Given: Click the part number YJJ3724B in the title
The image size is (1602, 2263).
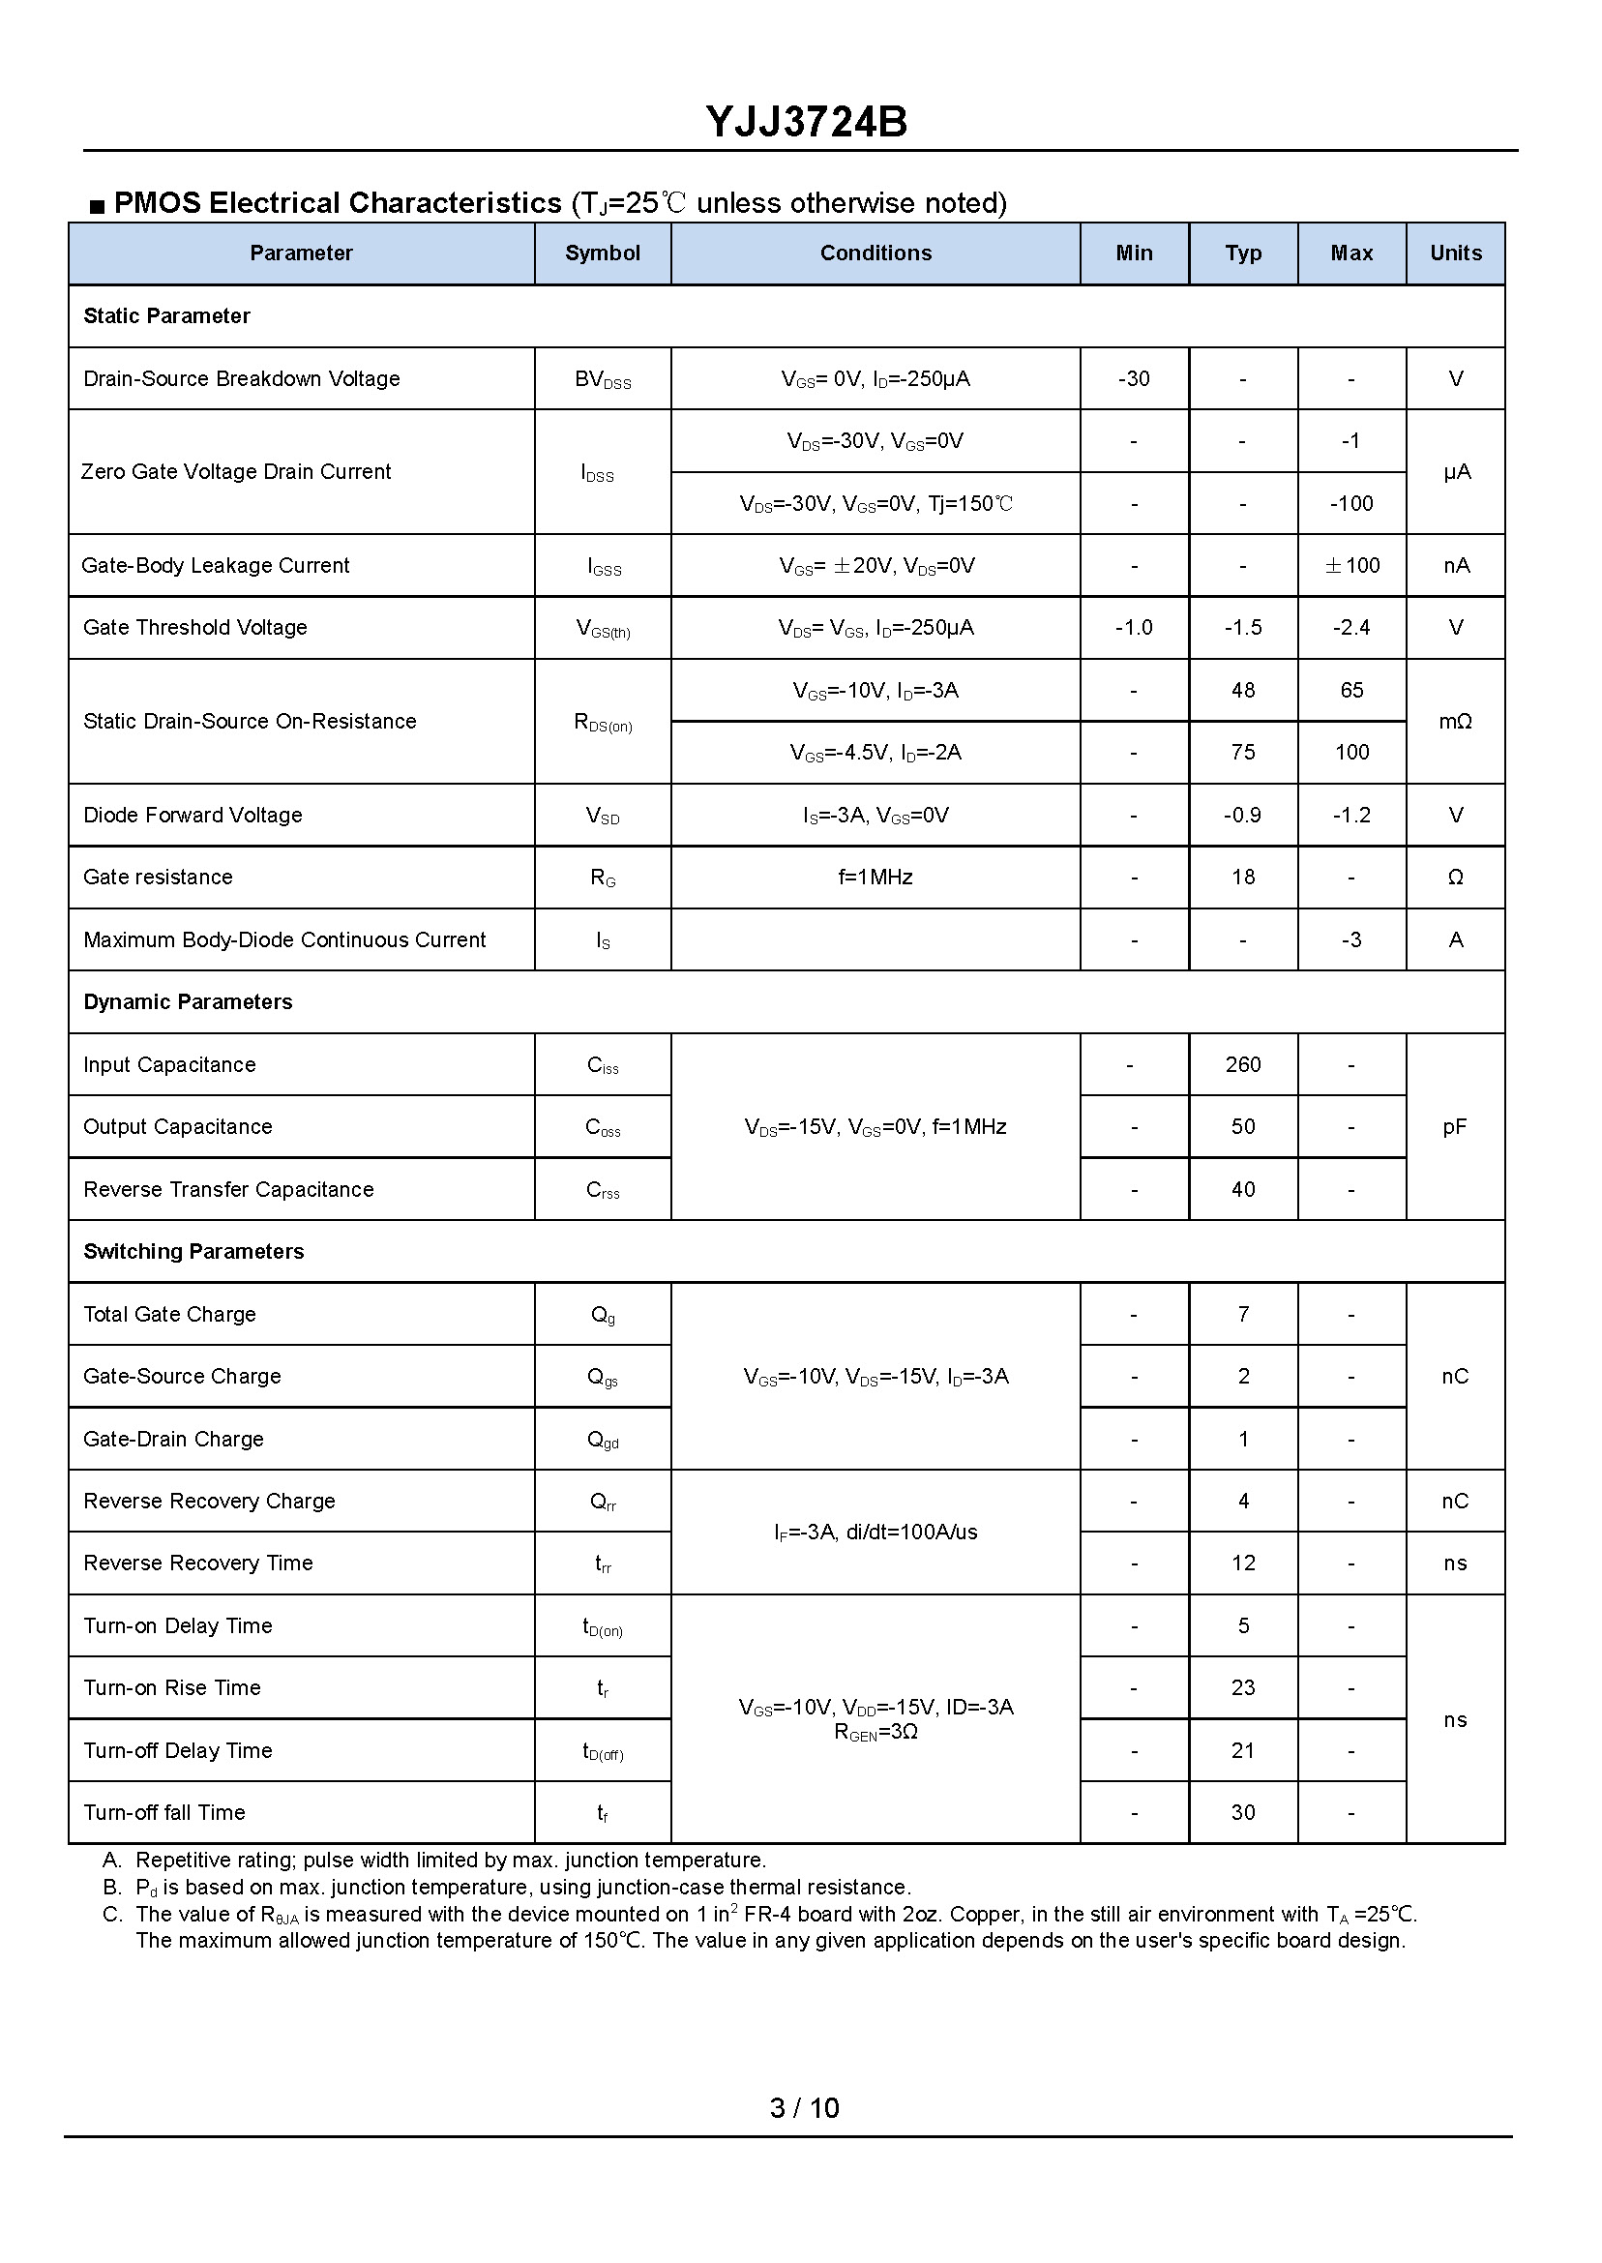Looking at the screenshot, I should pos(806,122).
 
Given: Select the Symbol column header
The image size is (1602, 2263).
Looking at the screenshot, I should pos(602,253).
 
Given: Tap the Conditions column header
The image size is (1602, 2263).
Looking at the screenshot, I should pos(875,253).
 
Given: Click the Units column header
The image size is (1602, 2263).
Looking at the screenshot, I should pos(1455,253).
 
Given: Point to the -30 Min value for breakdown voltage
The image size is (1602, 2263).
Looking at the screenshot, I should pos(1134,379).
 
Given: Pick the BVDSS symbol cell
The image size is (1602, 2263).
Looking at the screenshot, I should pos(602,380).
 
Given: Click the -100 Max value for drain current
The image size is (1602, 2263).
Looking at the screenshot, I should pos(1350,504).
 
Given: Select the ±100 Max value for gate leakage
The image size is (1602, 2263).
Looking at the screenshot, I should pos(1350,566).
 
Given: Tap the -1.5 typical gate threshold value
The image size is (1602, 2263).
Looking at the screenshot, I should pos(1242,628).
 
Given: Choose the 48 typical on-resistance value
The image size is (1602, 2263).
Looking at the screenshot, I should pos(1242,691).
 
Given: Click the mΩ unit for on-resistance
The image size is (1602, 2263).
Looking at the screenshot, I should pos(1455,722).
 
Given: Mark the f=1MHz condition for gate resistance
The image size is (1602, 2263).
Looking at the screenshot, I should pos(875,878).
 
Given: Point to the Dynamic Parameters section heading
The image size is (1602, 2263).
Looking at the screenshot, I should pos(188,1002).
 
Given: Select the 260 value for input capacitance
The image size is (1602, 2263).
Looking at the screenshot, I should pos(1242,1065).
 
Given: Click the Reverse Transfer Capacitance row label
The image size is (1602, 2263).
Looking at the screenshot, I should pos(228,1190).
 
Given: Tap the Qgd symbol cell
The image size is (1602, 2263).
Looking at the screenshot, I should pos(602,1441).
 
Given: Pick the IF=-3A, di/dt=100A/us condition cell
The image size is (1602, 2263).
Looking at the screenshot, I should pos(875,1533).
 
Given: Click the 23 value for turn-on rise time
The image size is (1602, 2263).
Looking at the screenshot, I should pos(1242,1689).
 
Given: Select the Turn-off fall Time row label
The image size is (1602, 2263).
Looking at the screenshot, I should pos(163,1813).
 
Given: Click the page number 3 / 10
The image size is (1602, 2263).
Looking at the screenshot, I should pos(804,2109).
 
